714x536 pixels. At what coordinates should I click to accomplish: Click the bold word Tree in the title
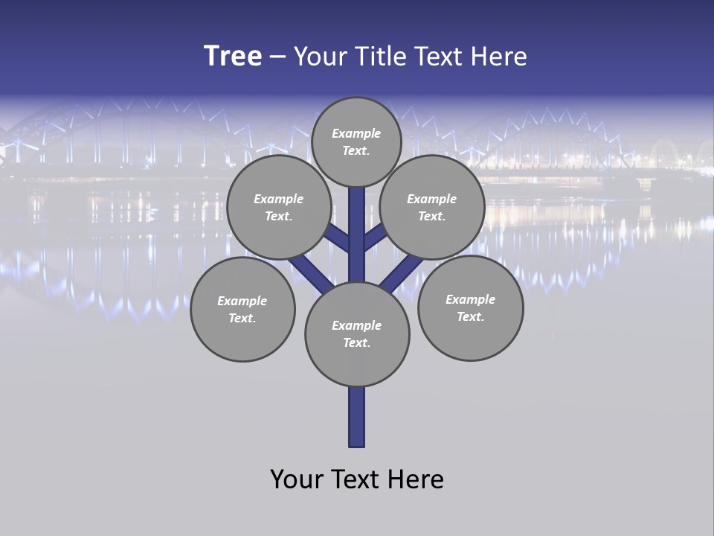pos(233,56)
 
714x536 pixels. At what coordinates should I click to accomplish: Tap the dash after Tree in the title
pos(277,57)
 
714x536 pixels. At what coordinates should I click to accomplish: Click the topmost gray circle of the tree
pos(356,142)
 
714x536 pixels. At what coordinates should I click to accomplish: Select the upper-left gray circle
pos(279,208)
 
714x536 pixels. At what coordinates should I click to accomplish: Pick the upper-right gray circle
pos(432,208)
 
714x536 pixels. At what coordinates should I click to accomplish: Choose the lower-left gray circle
pos(242,309)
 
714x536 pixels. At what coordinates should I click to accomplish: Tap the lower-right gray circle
pos(471,308)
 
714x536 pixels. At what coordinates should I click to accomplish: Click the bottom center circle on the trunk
pos(357,334)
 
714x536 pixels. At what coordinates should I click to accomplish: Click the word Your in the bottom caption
pos(296,479)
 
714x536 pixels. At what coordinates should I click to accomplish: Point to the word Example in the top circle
pos(356,133)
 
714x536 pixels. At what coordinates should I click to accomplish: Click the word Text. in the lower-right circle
pos(471,316)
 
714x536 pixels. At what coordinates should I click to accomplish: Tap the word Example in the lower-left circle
pos(242,301)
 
